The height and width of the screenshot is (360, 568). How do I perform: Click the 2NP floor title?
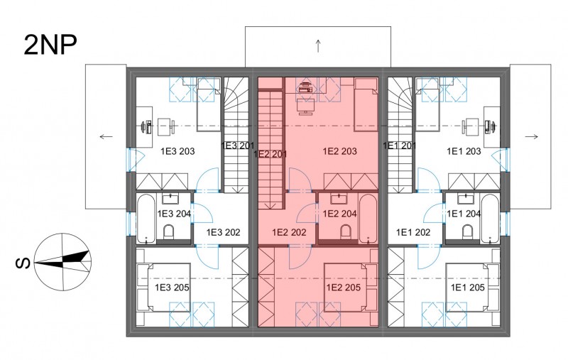tap(50, 45)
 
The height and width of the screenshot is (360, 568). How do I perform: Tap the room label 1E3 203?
tap(177, 151)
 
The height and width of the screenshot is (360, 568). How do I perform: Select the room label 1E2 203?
tap(340, 151)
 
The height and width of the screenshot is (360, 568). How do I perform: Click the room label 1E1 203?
tap(464, 151)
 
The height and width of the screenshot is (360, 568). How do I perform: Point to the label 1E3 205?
tap(172, 288)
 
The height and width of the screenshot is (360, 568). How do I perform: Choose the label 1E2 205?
tap(344, 288)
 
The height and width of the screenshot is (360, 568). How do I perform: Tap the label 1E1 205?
tap(468, 288)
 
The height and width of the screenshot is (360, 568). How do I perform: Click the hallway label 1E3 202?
tap(223, 232)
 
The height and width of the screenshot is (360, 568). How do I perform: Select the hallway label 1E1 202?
tap(413, 232)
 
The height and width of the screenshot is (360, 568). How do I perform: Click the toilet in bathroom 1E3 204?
tap(169, 232)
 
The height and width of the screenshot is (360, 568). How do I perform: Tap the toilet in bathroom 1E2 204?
tap(346, 232)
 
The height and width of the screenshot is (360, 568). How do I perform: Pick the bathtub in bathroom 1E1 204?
tap(490, 219)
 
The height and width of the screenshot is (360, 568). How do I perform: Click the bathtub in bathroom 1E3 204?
tap(146, 219)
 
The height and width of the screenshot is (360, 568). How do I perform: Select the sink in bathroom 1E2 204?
tap(339, 199)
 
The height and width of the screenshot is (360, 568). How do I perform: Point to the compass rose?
tap(63, 261)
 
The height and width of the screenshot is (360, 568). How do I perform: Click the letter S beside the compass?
tap(23, 263)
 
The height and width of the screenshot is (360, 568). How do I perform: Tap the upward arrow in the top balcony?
tap(318, 45)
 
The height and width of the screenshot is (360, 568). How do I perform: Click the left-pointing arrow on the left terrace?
tap(106, 136)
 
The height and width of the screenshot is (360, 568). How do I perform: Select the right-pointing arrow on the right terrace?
tap(531, 136)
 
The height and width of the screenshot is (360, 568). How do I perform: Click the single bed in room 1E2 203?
tap(366, 104)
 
